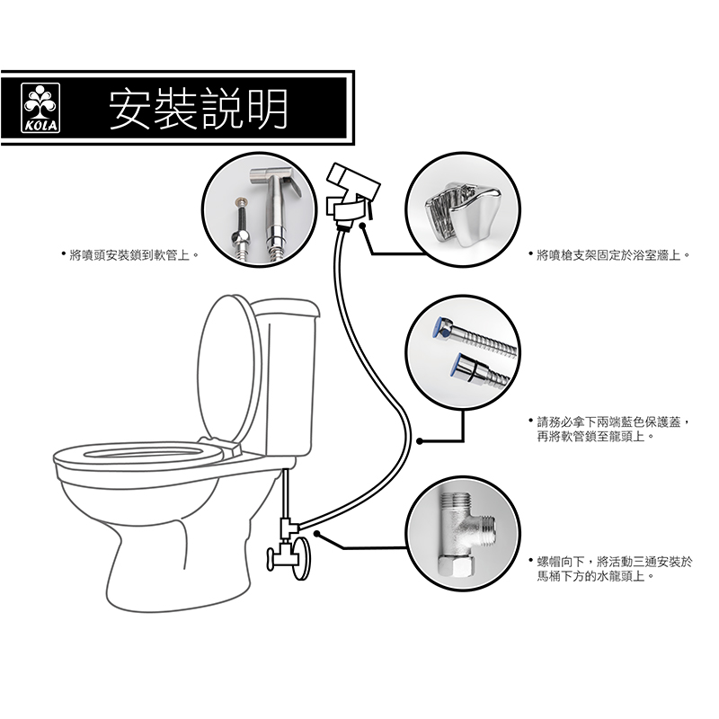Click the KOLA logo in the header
(40, 108)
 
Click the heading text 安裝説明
(199, 109)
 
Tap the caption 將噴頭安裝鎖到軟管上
(129, 255)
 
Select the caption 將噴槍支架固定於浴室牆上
(609, 255)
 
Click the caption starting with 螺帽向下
(615, 569)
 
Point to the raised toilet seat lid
(228, 367)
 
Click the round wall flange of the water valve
(303, 558)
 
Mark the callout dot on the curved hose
(419, 441)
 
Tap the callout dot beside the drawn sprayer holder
(362, 226)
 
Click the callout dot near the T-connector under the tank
(317, 533)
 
